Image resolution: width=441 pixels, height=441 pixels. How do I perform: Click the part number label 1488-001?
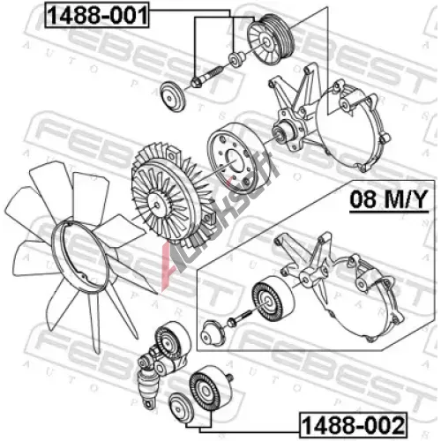pos(97,15)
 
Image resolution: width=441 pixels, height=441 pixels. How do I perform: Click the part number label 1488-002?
pos(354,425)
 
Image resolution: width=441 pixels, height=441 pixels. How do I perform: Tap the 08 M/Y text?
pos(389,199)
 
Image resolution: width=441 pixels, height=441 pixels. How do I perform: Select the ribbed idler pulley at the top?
pos(271,42)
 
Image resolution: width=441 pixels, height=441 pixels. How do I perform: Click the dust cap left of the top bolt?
pos(173,97)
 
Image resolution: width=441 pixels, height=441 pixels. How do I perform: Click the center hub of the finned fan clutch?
pos(157,205)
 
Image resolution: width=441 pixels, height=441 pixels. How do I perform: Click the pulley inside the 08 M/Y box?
pos(273,299)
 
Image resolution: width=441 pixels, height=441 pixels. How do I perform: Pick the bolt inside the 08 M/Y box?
pos(239,318)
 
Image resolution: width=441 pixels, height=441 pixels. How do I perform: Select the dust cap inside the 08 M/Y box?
pos(213,333)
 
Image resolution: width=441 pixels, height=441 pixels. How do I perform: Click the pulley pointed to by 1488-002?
pos(211,388)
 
